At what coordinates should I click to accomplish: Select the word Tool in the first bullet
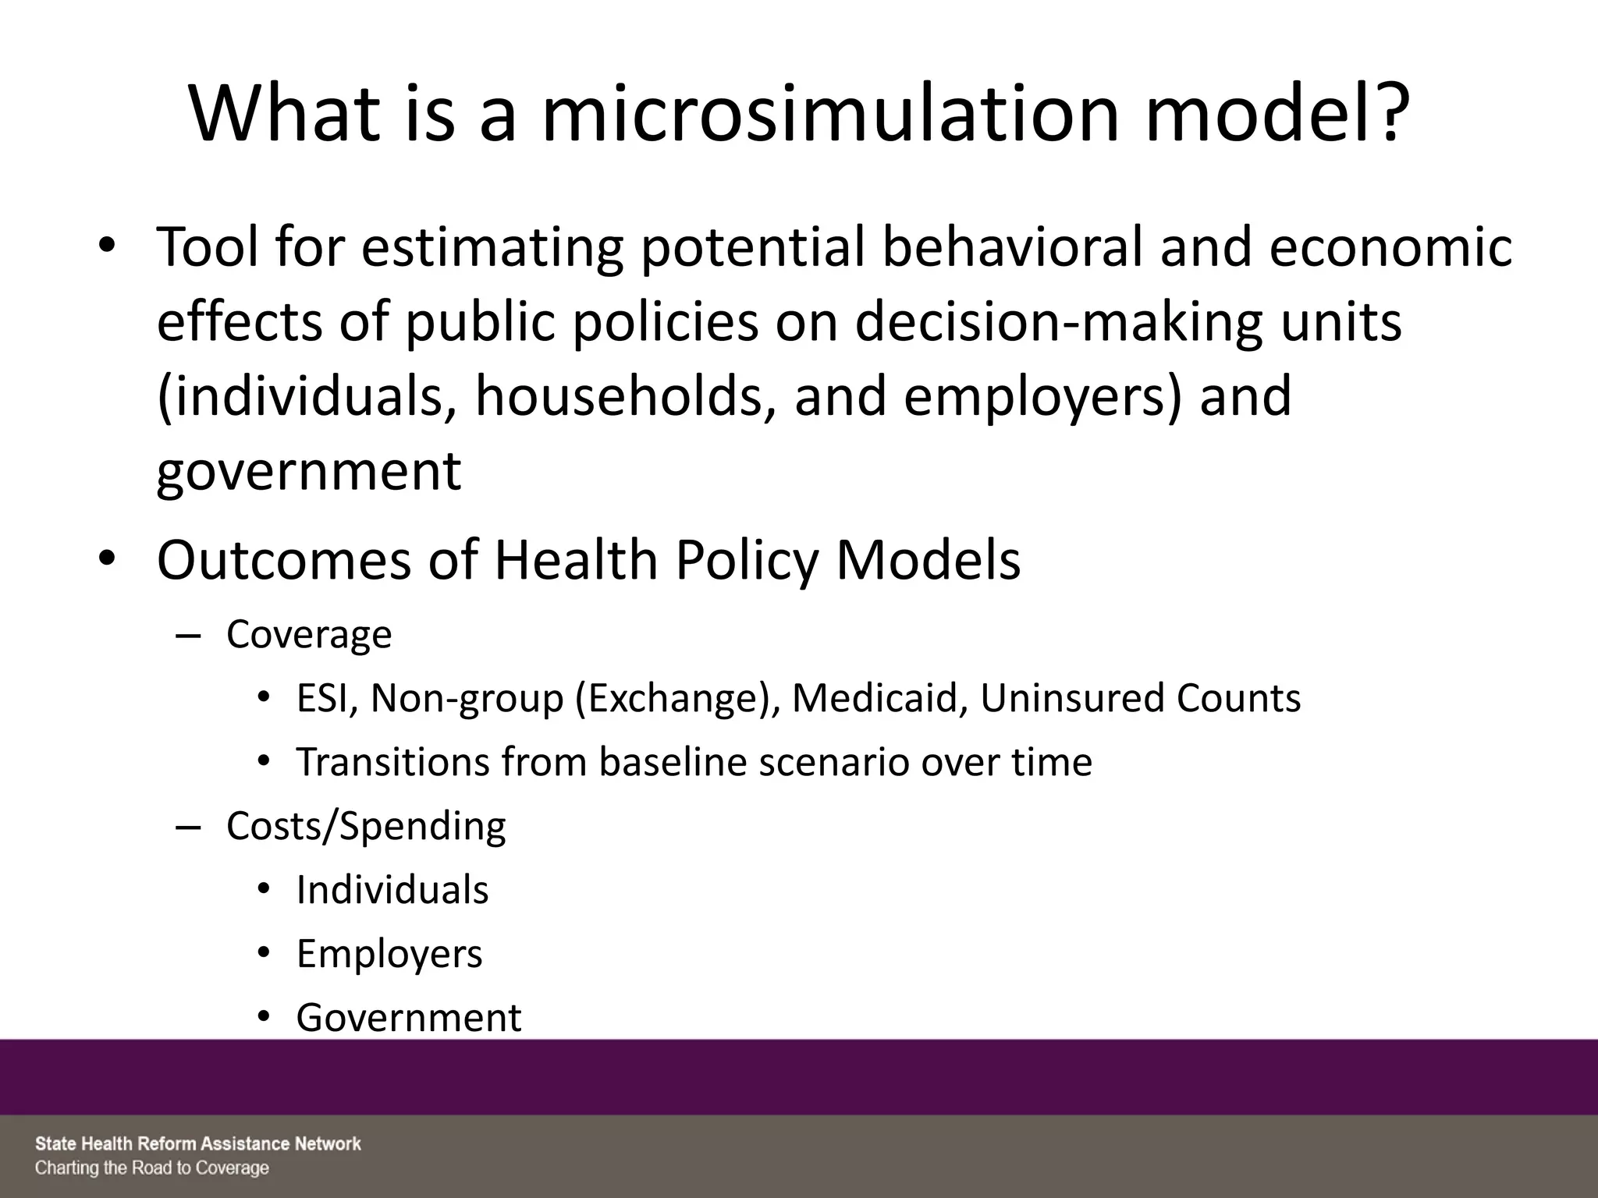[205, 246]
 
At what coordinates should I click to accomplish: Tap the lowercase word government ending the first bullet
[309, 471]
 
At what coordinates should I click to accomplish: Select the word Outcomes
[283, 560]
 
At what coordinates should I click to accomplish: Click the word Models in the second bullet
[928, 560]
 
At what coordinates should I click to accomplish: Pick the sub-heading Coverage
[309, 634]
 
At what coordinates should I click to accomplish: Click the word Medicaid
[879, 697]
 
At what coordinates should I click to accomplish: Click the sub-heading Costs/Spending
[366, 825]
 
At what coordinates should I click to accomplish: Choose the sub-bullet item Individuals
[392, 889]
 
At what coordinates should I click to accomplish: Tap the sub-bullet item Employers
[389, 953]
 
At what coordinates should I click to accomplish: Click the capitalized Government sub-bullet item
[409, 1017]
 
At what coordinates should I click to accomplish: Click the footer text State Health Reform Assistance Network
[198, 1144]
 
